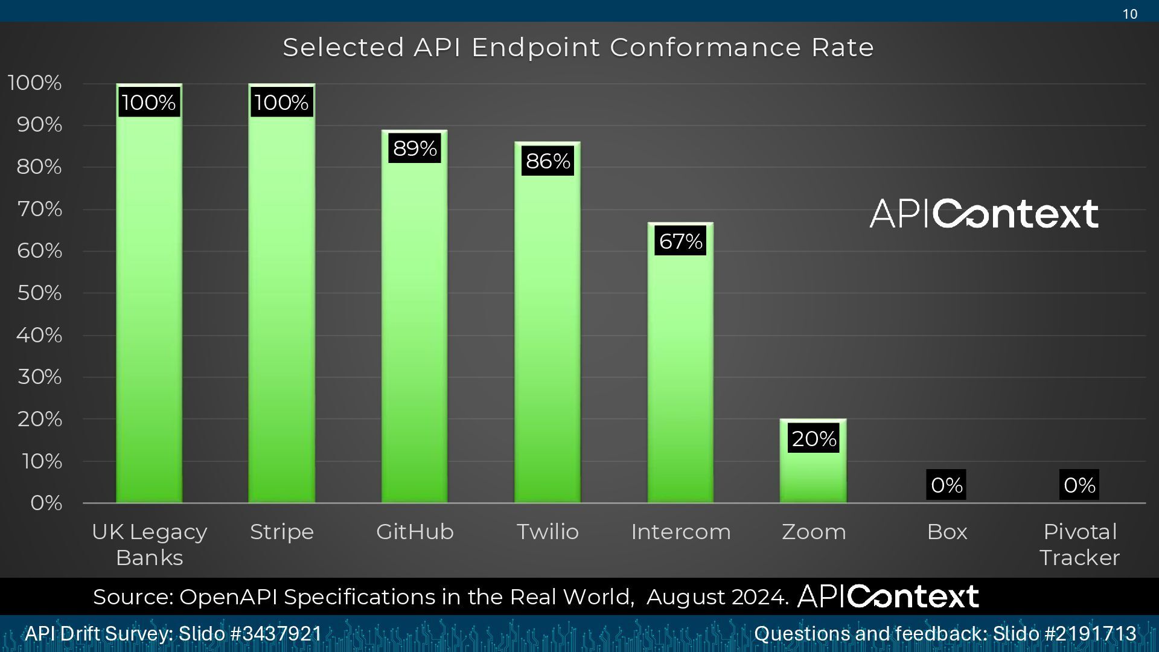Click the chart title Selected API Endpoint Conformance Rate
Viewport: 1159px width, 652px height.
point(578,47)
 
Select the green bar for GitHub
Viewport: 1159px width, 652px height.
point(414,326)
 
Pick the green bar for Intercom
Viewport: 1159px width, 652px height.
point(680,374)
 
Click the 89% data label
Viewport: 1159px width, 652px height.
point(415,148)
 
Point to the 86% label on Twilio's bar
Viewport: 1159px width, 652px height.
point(548,161)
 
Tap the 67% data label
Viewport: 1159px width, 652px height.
point(680,241)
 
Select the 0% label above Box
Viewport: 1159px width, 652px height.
point(946,485)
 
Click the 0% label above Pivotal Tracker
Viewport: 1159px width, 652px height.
point(1079,485)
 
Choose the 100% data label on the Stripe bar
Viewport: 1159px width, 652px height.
point(281,102)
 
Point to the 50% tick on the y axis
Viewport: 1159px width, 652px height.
point(39,293)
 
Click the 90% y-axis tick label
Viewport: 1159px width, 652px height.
point(39,124)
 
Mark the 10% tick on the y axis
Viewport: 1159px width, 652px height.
point(42,461)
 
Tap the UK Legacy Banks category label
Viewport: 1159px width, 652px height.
point(149,544)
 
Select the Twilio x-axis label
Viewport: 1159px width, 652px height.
point(548,532)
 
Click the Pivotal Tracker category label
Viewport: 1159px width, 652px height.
point(1079,544)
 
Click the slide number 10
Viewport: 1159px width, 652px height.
point(1130,14)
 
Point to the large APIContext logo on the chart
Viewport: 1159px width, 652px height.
point(984,214)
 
